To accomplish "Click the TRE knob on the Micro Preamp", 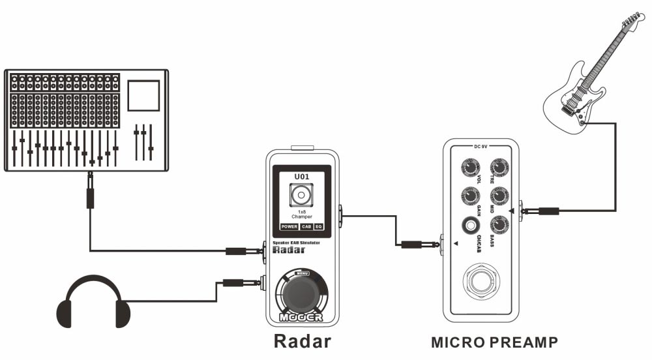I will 499,168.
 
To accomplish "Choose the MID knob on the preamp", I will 499,195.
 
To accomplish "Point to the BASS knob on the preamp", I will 499,224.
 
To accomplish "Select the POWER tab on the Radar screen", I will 289,227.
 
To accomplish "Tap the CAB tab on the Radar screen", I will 306,227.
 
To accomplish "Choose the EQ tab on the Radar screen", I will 319,227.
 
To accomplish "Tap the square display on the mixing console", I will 143,95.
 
